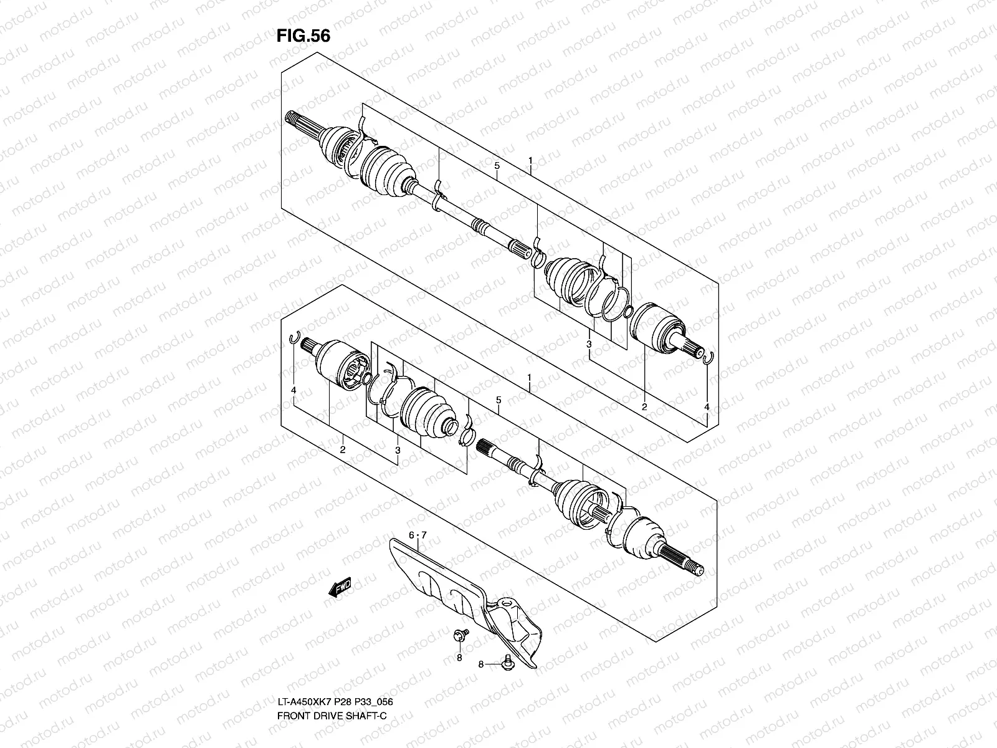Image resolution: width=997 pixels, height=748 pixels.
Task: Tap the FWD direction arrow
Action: [x=339, y=588]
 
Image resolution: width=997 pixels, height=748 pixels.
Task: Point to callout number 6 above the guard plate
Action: [x=411, y=535]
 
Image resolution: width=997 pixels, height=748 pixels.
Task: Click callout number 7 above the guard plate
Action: [x=424, y=535]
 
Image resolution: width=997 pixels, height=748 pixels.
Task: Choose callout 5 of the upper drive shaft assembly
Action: [x=497, y=166]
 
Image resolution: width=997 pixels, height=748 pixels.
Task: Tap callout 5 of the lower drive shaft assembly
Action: [x=499, y=400]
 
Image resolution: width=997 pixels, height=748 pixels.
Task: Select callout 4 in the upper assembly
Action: [x=707, y=407]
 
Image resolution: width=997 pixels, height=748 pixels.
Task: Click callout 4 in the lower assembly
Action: [x=293, y=391]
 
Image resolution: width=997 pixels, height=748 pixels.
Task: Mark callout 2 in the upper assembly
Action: [x=644, y=407]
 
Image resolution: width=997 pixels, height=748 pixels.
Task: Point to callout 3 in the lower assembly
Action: [x=398, y=449]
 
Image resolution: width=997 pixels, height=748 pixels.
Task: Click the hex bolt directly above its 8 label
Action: [x=459, y=635]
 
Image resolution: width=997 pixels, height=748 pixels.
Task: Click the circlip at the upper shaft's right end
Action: [x=707, y=356]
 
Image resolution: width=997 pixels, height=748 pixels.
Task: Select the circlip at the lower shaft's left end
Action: [x=296, y=340]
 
